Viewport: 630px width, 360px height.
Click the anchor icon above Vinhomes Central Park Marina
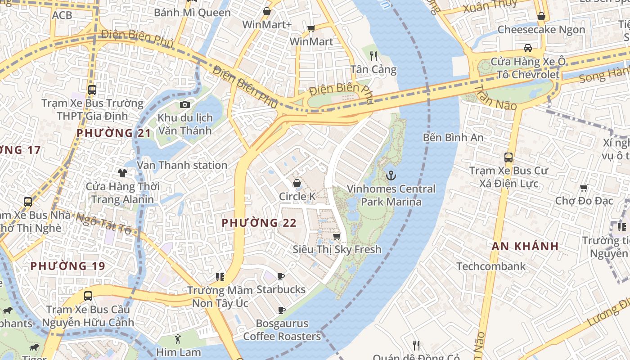pos(391,175)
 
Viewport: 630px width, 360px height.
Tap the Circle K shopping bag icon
pos(297,183)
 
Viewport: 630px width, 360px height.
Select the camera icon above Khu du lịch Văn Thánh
pos(184,105)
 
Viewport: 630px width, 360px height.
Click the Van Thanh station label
pos(182,165)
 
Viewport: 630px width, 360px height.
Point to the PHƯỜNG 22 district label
pos(259,223)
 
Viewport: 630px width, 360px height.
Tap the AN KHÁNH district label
pos(525,246)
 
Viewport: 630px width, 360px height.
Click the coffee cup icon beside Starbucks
pos(281,276)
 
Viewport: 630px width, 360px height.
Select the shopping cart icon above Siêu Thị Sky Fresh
pos(337,236)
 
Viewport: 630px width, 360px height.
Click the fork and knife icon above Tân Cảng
pos(373,56)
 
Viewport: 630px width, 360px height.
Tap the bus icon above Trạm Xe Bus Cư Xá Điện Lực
pos(508,157)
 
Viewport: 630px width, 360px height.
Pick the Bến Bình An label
pos(453,138)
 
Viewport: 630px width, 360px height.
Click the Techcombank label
pos(491,266)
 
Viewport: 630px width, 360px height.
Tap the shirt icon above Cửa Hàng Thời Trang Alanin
pos(122,173)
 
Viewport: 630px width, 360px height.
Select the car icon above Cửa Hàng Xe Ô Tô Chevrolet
pos(528,48)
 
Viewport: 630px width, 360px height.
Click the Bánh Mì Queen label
pos(192,13)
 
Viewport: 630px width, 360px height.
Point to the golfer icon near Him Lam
pos(178,339)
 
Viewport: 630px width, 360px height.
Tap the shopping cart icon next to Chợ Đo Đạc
pos(584,188)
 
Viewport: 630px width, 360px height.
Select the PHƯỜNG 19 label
pos(68,266)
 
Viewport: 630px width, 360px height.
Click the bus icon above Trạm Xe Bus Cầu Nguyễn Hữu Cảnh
pos(88,296)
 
